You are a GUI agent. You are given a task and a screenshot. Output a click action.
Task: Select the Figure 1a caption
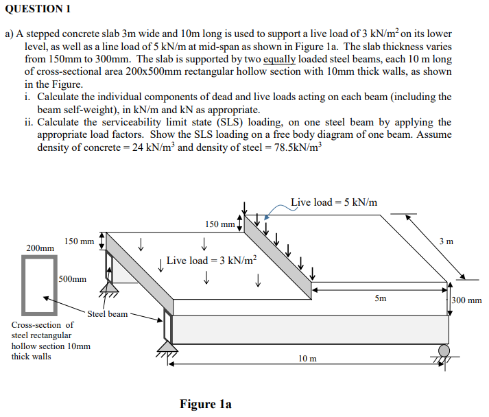click(x=206, y=404)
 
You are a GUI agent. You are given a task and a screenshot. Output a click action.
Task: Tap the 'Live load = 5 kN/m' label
click(x=334, y=202)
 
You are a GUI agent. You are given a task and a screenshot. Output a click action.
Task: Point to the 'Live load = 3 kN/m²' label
click(x=212, y=261)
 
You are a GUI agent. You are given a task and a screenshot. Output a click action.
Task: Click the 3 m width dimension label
click(x=446, y=241)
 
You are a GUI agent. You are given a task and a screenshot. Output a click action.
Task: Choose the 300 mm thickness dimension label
click(x=467, y=300)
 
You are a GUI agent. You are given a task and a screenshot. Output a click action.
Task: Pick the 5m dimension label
click(x=381, y=298)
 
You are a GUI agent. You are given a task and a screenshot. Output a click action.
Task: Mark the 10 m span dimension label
click(x=308, y=358)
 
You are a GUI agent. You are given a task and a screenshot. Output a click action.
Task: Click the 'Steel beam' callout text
click(x=108, y=313)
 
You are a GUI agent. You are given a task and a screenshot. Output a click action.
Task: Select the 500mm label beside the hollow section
click(x=73, y=279)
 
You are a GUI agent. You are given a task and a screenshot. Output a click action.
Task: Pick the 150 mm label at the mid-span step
click(x=220, y=224)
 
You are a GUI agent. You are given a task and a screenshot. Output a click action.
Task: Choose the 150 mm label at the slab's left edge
click(x=80, y=241)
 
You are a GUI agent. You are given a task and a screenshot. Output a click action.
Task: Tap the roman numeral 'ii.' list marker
click(x=29, y=122)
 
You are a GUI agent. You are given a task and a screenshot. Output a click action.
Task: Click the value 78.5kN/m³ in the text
click(x=291, y=147)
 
